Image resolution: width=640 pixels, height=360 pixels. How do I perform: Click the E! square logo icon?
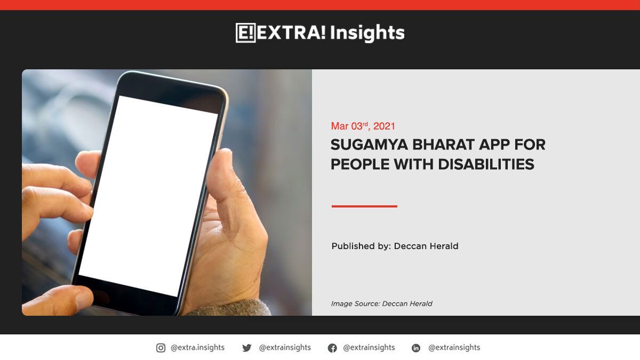tap(245, 33)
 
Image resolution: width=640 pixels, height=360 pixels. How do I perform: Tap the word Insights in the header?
tap(367, 33)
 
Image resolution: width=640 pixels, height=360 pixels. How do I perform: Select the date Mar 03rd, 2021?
tap(363, 126)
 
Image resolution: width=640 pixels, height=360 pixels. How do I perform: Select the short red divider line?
tap(364, 206)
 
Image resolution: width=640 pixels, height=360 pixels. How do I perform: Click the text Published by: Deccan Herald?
tap(395, 246)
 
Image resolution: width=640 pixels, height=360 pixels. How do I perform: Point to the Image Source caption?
tap(381, 303)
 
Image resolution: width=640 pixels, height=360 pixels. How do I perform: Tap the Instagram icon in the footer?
tap(161, 348)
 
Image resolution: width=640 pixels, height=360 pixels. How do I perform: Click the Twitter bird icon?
tap(246, 348)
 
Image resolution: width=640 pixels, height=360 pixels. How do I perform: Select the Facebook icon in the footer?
tap(332, 348)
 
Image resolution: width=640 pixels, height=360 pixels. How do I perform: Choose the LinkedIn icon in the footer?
tap(416, 348)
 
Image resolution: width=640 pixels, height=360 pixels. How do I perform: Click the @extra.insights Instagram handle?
tap(197, 348)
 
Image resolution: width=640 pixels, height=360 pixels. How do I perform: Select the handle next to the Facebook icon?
tap(369, 348)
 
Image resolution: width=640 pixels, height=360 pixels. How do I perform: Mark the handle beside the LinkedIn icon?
tap(454, 348)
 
